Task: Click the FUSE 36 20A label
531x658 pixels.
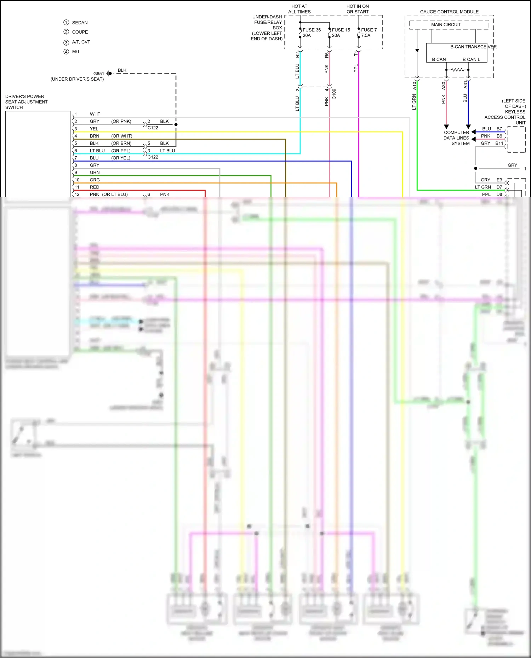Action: [312, 33]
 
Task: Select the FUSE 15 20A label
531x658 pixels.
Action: [341, 33]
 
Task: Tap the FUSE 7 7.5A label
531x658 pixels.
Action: [369, 33]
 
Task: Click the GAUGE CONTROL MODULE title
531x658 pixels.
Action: [449, 12]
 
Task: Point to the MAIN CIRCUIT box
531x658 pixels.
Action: [446, 25]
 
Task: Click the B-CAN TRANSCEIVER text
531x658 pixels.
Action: [473, 47]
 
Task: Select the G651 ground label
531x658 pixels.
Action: [98, 74]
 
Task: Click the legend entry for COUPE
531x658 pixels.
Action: [80, 32]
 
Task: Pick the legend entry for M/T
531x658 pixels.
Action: [76, 52]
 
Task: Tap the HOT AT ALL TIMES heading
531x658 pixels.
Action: [299, 9]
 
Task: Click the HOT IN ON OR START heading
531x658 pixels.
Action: [358, 9]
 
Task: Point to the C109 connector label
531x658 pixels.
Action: [334, 94]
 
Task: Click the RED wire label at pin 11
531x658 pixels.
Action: [94, 187]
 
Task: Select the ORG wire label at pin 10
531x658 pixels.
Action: [95, 180]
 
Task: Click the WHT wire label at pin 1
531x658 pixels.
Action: [95, 114]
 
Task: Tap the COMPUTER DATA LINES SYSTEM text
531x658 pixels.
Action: [456, 138]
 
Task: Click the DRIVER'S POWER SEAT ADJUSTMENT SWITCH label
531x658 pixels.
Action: [26, 102]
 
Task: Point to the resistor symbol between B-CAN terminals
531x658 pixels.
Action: [457, 70]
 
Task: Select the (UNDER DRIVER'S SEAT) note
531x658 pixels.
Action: [77, 79]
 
